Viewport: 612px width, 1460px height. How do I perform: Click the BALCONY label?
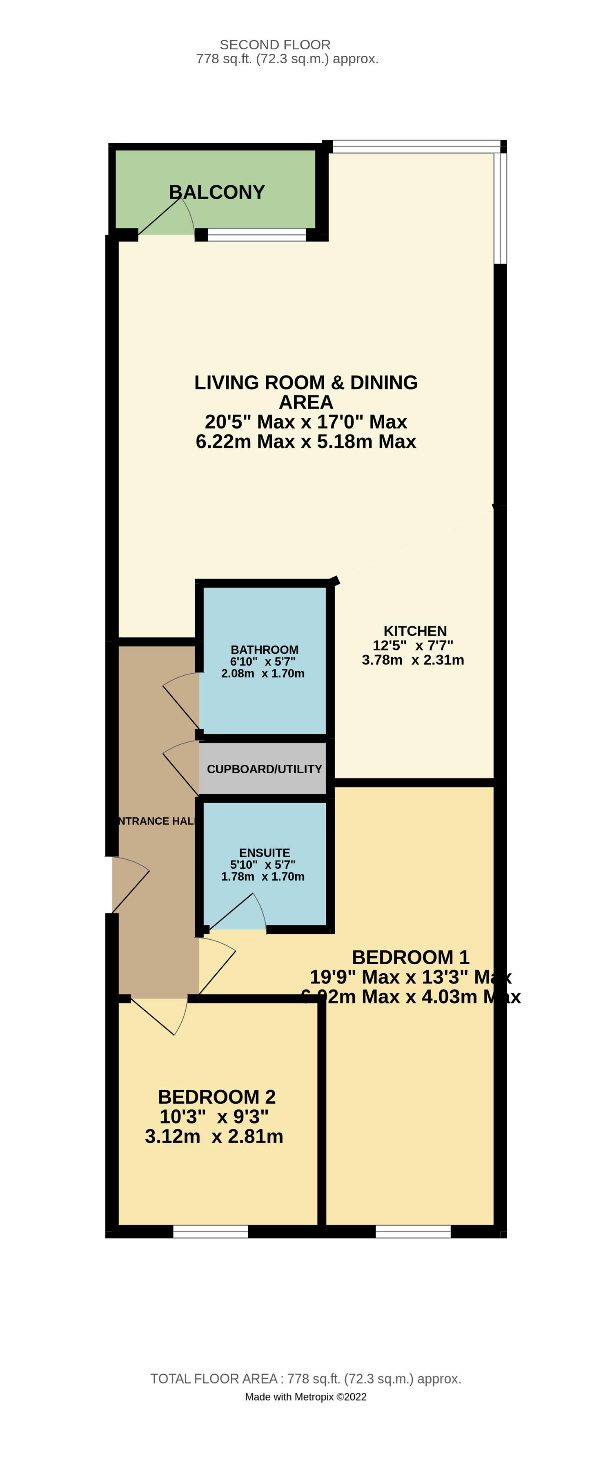click(217, 192)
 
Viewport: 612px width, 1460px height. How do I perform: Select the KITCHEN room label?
click(415, 631)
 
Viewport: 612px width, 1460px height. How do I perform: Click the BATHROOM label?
click(264, 650)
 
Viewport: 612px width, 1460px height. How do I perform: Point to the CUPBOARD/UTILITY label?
click(264, 769)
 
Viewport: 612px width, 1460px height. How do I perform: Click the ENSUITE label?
click(264, 852)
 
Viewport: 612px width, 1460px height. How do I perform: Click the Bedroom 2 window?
click(210, 1231)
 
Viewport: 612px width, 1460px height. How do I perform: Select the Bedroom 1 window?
click(413, 1231)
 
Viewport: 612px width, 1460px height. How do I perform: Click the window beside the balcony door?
click(256, 235)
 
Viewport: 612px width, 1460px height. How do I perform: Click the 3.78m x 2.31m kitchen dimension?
click(413, 660)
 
